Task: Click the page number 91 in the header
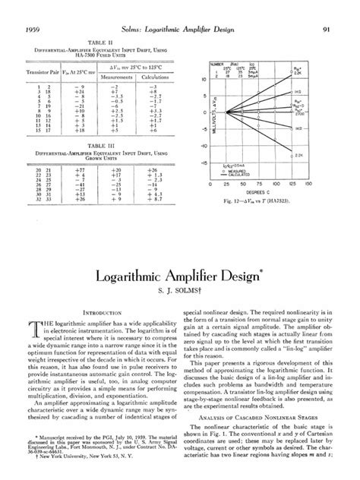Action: click(x=325, y=9)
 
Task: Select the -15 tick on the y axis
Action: click(x=204, y=162)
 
